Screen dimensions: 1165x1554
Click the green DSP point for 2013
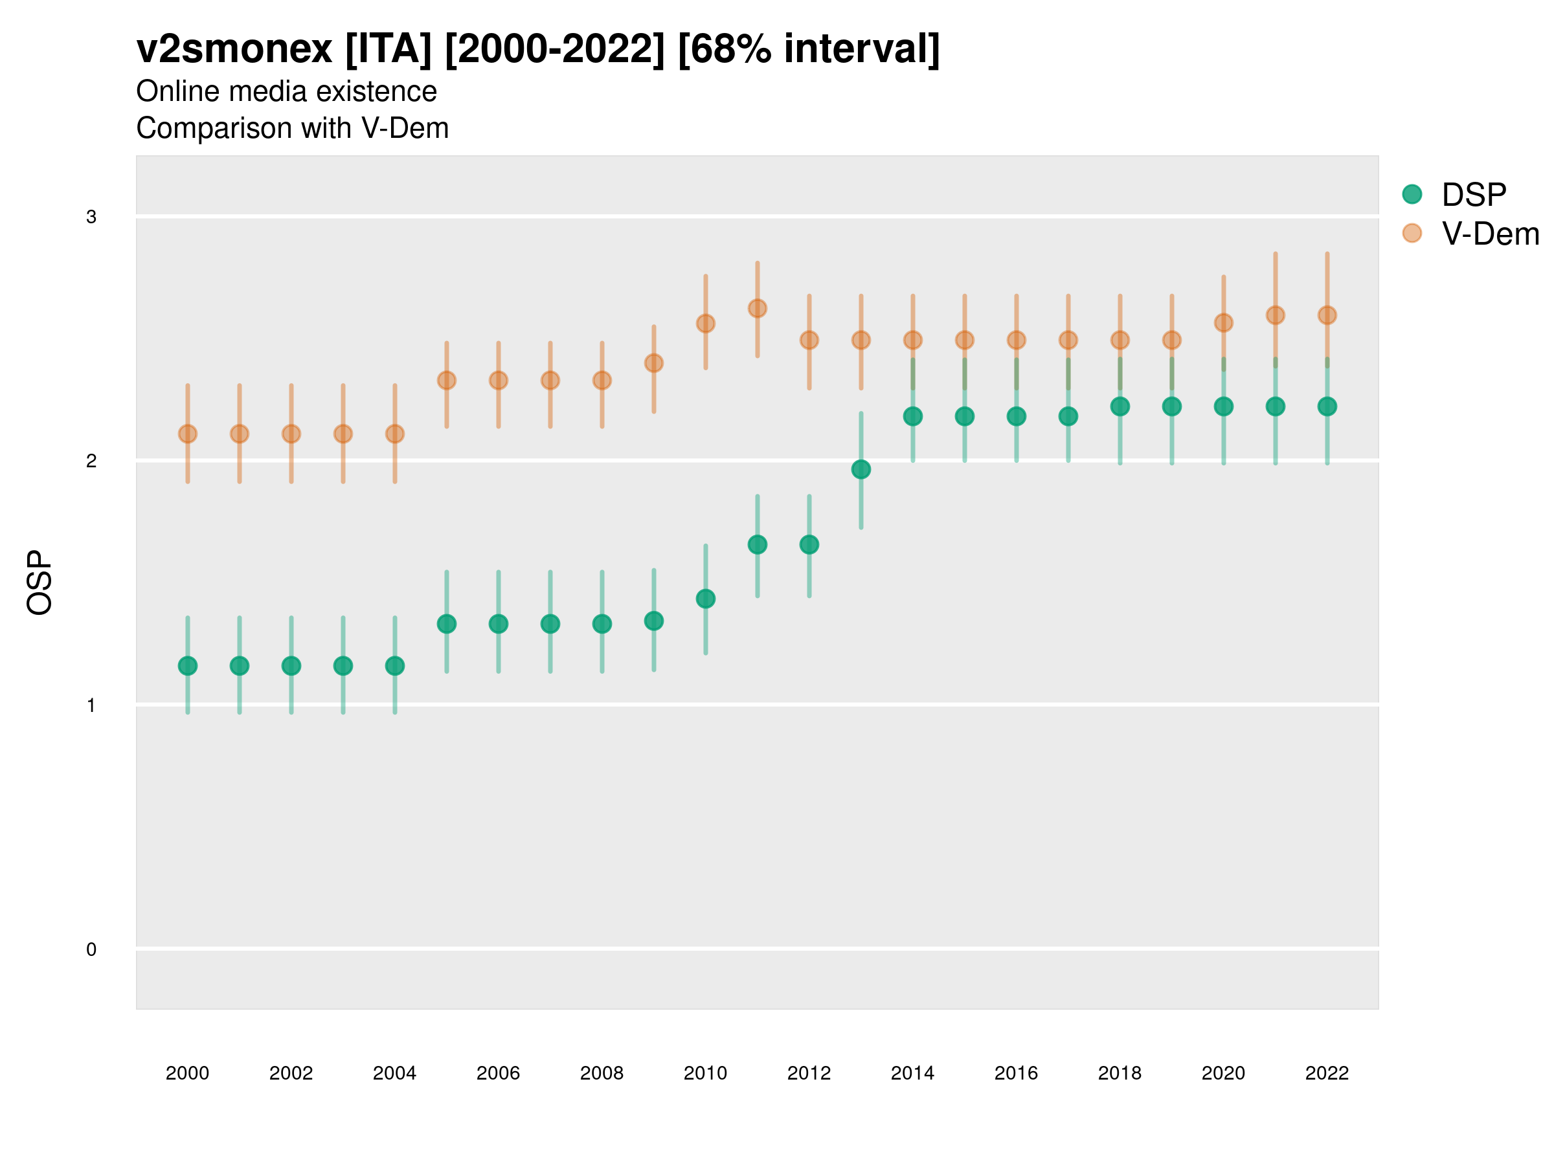(x=861, y=469)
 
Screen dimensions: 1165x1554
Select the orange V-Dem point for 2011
(x=758, y=308)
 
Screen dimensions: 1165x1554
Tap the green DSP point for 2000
(x=188, y=666)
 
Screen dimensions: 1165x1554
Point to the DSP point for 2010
(x=705, y=598)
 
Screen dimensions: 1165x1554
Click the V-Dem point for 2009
(x=653, y=363)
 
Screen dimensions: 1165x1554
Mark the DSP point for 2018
(x=1120, y=406)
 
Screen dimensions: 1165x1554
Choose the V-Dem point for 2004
(x=395, y=434)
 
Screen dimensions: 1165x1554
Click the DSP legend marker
(x=1412, y=194)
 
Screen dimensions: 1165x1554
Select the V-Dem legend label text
(x=1490, y=234)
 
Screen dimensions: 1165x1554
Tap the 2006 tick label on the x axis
(x=498, y=1073)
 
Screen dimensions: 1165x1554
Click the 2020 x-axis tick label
(x=1223, y=1073)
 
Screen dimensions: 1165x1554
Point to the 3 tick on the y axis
(x=91, y=217)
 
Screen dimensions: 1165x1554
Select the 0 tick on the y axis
(x=91, y=949)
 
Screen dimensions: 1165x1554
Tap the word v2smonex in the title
(x=234, y=49)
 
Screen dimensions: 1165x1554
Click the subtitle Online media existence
(x=286, y=91)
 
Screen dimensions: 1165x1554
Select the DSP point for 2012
(x=809, y=544)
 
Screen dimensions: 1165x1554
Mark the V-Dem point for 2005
(x=447, y=381)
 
